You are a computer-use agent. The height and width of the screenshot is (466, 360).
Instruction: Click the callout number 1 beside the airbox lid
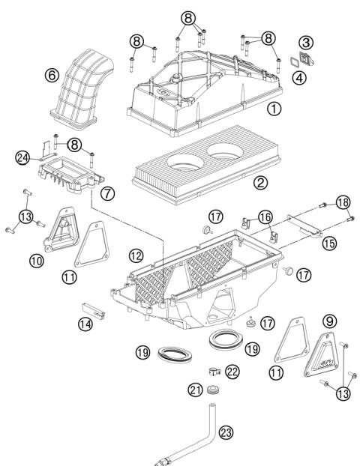(x=274, y=109)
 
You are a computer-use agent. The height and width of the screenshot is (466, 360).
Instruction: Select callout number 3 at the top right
(x=307, y=42)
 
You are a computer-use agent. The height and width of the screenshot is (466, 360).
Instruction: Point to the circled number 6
(x=51, y=75)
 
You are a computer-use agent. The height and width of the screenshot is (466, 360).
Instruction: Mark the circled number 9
(x=308, y=320)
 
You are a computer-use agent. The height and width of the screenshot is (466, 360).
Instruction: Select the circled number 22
(x=232, y=371)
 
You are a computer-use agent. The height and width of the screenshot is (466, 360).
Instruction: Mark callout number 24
(x=23, y=157)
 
